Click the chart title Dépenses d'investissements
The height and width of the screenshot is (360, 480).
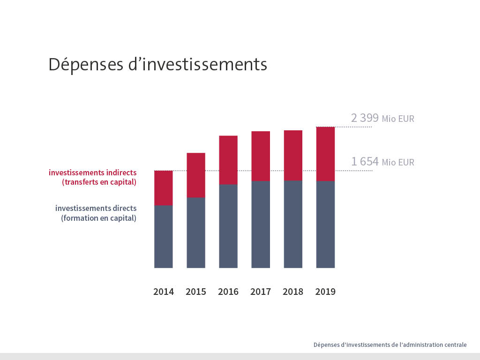(x=157, y=64)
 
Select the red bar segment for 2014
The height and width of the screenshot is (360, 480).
(x=164, y=188)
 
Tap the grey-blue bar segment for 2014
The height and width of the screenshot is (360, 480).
(x=164, y=236)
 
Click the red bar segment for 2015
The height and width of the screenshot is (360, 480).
(x=196, y=175)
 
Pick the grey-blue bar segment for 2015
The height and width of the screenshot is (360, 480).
(x=196, y=232)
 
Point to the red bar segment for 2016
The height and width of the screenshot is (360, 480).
(x=228, y=160)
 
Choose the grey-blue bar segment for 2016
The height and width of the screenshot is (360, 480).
(x=228, y=226)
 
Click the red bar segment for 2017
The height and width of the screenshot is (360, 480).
(x=261, y=156)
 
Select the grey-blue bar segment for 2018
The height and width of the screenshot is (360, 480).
(x=293, y=224)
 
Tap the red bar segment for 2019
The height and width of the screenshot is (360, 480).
(x=325, y=154)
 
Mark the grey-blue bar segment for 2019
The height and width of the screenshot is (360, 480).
(x=325, y=224)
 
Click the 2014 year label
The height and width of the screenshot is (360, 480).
(x=164, y=292)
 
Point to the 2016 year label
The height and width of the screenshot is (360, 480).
(x=228, y=292)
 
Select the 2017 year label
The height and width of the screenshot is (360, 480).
(x=261, y=292)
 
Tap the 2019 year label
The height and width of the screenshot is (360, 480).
(x=325, y=292)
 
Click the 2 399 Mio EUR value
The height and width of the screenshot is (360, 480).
(x=382, y=118)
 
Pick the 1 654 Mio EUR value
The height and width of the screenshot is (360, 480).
(x=382, y=162)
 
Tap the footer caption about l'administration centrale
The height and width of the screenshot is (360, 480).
(x=390, y=345)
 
